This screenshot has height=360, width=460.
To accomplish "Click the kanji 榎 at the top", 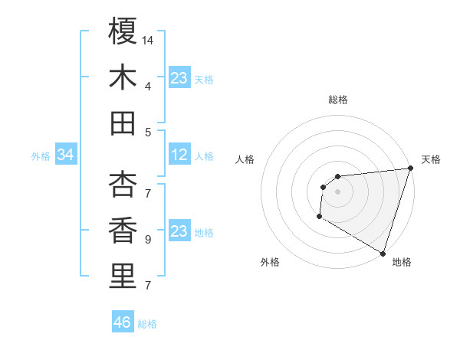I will coord(123,31).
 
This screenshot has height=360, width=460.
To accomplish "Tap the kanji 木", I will coord(123,77).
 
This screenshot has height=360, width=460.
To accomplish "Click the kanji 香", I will coord(123,230).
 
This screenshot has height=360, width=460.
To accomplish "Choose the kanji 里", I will coord(123,276).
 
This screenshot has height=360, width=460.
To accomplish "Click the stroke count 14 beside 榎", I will coord(148,40).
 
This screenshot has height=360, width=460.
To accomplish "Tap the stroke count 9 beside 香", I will coord(147,240).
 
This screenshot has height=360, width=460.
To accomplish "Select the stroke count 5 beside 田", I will coord(147,133).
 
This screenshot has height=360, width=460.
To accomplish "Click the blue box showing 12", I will coord(179,155).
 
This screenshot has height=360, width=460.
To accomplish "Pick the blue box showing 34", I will coord(66,155).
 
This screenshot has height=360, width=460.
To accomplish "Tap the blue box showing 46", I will coord(123,322).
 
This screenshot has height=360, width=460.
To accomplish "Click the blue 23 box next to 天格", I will coord(179,78).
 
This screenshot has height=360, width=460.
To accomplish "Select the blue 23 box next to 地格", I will coord(179,231).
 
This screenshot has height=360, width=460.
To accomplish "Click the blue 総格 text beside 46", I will coord(148,324).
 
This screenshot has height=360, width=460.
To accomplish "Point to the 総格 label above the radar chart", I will coord(337,100).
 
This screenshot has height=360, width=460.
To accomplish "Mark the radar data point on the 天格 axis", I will coord(410,169).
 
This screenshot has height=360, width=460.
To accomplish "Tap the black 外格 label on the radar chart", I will coord(270,262).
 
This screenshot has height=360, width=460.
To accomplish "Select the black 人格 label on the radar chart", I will coord(245,159).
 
